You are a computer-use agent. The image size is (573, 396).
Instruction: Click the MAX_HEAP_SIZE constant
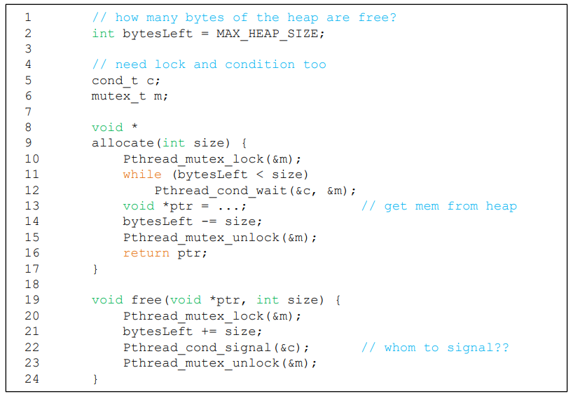tap(270, 33)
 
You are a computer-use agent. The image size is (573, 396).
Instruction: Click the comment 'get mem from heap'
tap(439, 205)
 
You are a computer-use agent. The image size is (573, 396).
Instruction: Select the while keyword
tap(142, 174)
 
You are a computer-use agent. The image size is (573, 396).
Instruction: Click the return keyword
tap(146, 253)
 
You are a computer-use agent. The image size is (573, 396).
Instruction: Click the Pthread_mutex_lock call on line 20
tap(193, 315)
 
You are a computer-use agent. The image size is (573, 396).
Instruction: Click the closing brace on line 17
tap(95, 268)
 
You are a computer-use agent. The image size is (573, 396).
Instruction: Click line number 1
tap(29, 18)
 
